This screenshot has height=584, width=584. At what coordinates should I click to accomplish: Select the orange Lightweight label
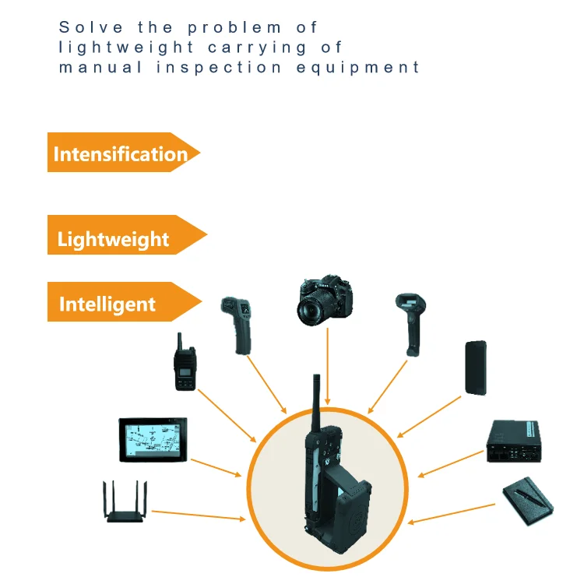114,238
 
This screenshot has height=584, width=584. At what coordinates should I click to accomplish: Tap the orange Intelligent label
107,304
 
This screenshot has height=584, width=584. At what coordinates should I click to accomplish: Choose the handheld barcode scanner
410,323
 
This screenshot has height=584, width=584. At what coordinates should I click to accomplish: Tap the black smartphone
475,368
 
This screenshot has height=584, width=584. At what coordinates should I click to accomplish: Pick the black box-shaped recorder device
513,443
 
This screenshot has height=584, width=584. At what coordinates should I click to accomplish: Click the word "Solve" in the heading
84,27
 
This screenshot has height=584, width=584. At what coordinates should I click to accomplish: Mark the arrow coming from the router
199,515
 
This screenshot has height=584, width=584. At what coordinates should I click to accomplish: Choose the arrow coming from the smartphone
429,417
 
